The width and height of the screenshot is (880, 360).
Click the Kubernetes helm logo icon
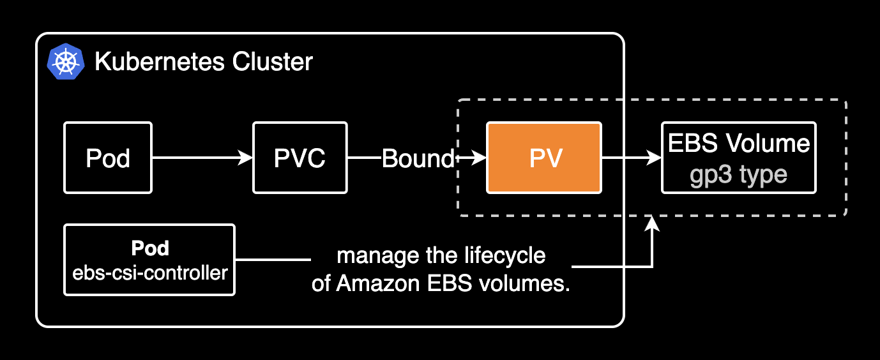(x=66, y=63)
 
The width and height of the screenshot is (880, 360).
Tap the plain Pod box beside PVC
(x=108, y=158)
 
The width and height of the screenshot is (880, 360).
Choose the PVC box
(x=300, y=158)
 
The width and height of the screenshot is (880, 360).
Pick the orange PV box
(x=544, y=158)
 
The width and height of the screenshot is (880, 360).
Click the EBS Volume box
(x=739, y=158)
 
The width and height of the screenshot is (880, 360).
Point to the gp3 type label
(x=739, y=174)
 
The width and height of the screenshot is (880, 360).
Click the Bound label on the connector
(x=418, y=158)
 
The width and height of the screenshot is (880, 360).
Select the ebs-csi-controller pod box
(x=149, y=260)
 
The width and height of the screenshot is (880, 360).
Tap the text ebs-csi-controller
(x=149, y=273)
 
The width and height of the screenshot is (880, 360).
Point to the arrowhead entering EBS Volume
(x=655, y=158)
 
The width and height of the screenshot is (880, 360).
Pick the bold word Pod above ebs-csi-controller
(x=149, y=248)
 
